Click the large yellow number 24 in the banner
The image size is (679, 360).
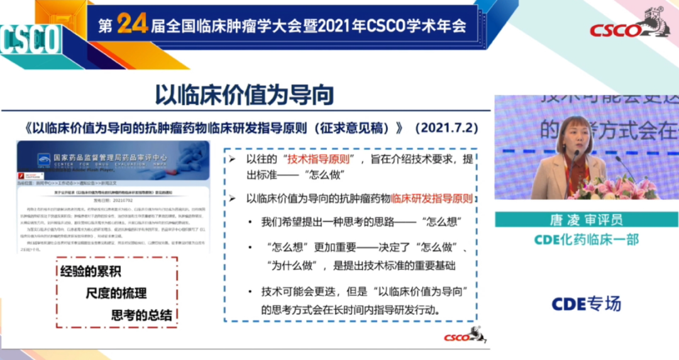[132, 24]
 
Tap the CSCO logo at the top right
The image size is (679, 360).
[629, 28]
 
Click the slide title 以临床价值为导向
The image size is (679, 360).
[245, 95]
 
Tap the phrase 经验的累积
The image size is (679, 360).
[91, 272]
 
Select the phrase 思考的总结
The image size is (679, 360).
[141, 314]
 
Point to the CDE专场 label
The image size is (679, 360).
[586, 303]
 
